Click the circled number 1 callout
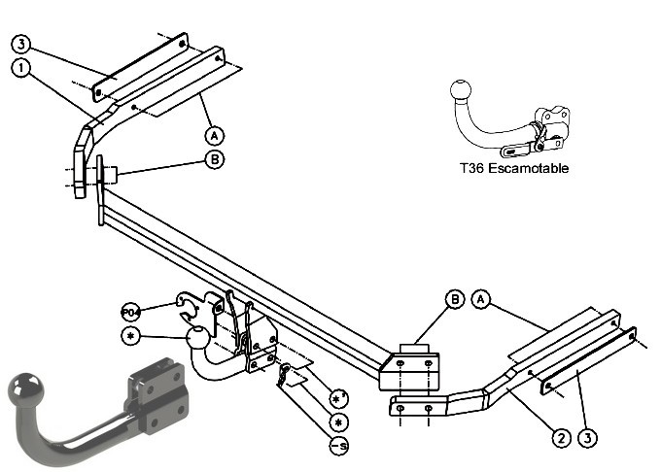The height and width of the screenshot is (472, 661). click(21, 68)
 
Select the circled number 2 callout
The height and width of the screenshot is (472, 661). click(561, 438)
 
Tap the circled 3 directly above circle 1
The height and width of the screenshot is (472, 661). click(21, 44)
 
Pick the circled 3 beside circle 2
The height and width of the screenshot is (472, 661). click(588, 438)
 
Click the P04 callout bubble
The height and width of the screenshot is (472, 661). click(130, 313)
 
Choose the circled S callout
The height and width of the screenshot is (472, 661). click(339, 446)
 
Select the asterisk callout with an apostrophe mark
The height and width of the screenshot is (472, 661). click(339, 398)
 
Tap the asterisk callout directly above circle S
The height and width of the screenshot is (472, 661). click(339, 421)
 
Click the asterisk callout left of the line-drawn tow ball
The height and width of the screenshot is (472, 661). click(130, 336)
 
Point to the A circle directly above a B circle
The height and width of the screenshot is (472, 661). click(215, 136)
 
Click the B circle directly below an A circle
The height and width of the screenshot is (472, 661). click(215, 159)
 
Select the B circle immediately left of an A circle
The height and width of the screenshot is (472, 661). click(455, 299)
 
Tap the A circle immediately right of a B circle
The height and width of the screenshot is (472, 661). click(481, 299)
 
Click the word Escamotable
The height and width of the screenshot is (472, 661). click(528, 168)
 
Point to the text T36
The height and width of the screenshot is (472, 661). click(471, 168)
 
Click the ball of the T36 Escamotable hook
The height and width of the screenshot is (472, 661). click(461, 89)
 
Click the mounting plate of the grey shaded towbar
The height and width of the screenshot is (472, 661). click(157, 397)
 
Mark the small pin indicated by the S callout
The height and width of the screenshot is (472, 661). click(283, 375)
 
